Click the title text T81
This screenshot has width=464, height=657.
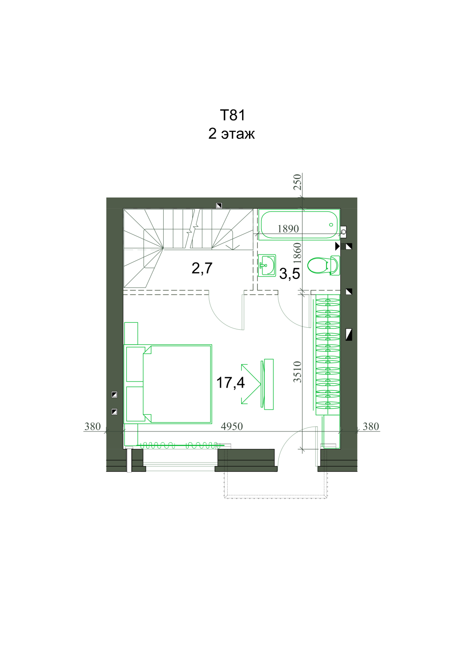pyautogui.click(x=232, y=115)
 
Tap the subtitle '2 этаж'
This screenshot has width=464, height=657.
pyautogui.click(x=232, y=134)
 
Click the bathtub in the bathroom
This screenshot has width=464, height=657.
pyautogui.click(x=299, y=225)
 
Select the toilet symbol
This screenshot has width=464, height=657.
pyautogui.click(x=323, y=265)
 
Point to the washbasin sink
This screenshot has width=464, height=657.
pyautogui.click(x=267, y=265)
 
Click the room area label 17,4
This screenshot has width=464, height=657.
pyautogui.click(x=230, y=383)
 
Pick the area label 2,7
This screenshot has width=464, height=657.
pyautogui.click(x=202, y=268)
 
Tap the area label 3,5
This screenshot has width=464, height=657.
pyautogui.click(x=290, y=274)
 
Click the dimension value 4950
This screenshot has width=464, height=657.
pyautogui.click(x=232, y=427)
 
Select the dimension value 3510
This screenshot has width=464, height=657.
pyautogui.click(x=298, y=371)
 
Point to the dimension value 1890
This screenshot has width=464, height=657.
pyautogui.click(x=288, y=229)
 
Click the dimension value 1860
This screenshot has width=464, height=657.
pyautogui.click(x=298, y=253)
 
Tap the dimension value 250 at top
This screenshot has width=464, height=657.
pyautogui.click(x=298, y=182)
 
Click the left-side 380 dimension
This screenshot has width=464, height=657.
pyautogui.click(x=93, y=427)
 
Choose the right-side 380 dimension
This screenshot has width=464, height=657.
pyautogui.click(x=371, y=427)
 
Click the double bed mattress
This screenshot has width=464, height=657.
pyautogui.click(x=177, y=384)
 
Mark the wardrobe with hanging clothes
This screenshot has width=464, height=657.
pyautogui.click(x=328, y=355)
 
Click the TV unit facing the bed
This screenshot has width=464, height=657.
pyautogui.click(x=267, y=384)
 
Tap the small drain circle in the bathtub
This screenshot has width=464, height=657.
pyautogui.click(x=331, y=225)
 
